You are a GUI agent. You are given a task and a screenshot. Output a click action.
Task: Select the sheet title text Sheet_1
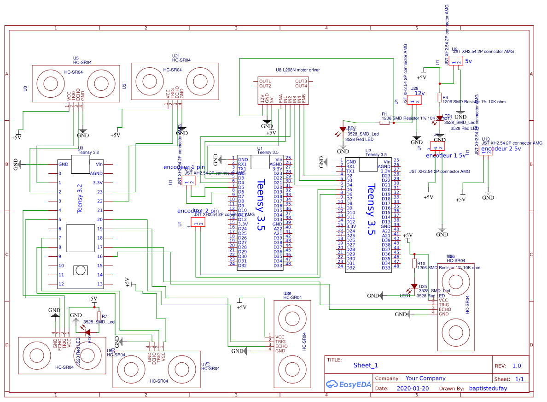pos(366,365)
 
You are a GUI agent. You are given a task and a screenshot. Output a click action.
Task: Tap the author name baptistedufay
pos(488,389)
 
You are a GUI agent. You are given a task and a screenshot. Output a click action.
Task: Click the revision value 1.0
pos(517,366)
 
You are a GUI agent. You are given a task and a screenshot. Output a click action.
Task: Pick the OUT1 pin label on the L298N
pos(265,81)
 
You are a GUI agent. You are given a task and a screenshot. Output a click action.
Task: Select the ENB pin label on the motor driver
pos(304,99)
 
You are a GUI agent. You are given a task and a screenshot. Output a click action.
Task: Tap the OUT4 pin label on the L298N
pos(301,86)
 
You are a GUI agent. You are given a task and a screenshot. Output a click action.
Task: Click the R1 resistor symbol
pos(384,123)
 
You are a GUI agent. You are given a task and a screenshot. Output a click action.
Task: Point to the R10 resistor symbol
pos(414,263)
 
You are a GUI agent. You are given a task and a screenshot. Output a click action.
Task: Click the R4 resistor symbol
pos(440,97)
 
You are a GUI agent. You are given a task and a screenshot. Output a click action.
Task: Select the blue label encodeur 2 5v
pos(501,149)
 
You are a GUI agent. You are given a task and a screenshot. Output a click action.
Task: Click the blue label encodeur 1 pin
pos(184,167)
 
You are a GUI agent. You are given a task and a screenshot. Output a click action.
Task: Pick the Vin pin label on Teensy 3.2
pos(99,164)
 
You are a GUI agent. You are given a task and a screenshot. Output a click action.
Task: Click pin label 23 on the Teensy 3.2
pos(99,192)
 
